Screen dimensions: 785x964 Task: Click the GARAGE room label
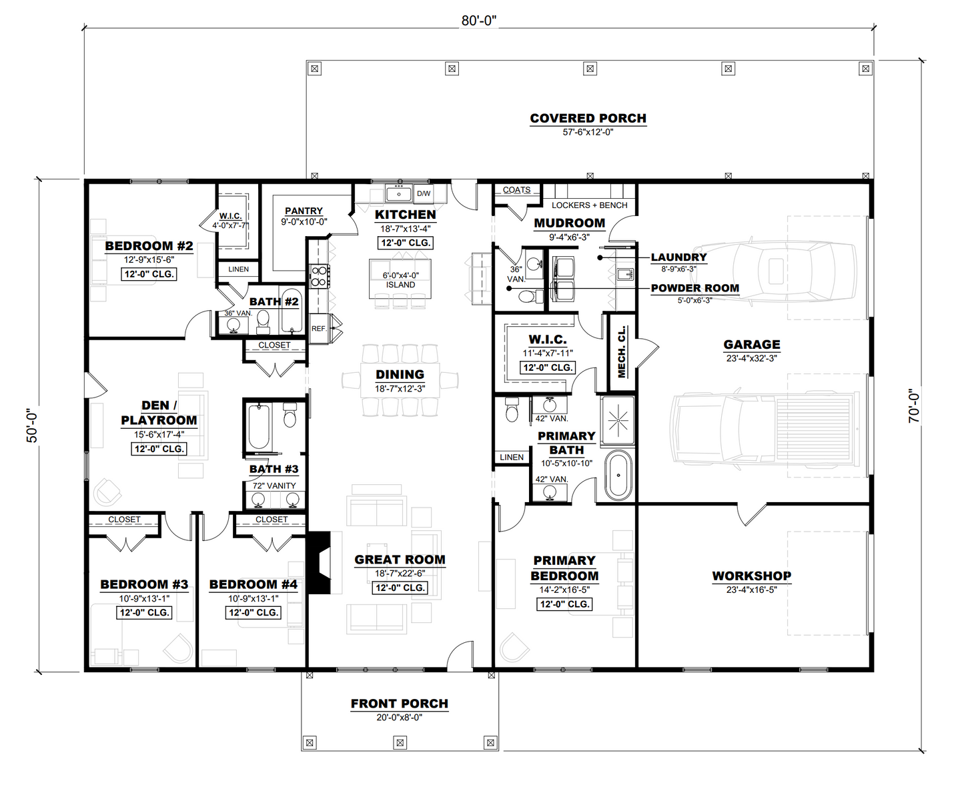click(x=751, y=345)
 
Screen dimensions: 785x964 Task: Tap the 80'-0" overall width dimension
click(x=478, y=21)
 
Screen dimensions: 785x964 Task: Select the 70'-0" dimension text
click(x=914, y=406)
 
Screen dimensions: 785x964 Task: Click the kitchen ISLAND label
click(x=400, y=285)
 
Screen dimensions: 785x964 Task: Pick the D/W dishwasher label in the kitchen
click(x=424, y=193)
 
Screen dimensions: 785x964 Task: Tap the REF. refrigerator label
click(x=319, y=329)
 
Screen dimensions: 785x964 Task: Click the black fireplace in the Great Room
click(x=320, y=562)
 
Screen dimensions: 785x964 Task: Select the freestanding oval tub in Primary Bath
click(x=618, y=476)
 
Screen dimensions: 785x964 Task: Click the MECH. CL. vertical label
click(x=622, y=352)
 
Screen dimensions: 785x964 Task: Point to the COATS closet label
click(x=516, y=190)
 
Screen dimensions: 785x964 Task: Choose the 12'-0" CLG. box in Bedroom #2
click(x=149, y=274)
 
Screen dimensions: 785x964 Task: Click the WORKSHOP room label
click(x=751, y=576)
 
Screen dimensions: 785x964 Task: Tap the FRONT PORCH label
click(x=399, y=704)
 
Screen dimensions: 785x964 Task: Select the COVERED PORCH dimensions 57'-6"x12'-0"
click(x=588, y=132)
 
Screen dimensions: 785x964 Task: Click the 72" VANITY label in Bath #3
click(x=274, y=486)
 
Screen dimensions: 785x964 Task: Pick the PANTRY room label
click(x=304, y=211)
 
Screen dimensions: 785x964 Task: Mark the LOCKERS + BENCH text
click(x=589, y=205)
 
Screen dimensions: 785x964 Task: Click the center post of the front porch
click(x=400, y=742)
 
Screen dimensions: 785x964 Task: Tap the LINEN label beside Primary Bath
click(x=512, y=457)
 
